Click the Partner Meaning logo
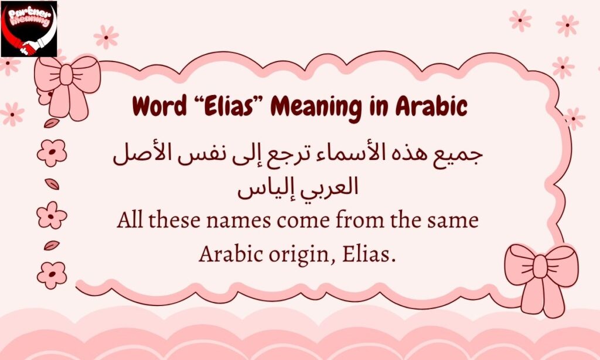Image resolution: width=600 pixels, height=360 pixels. tap(29, 29)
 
